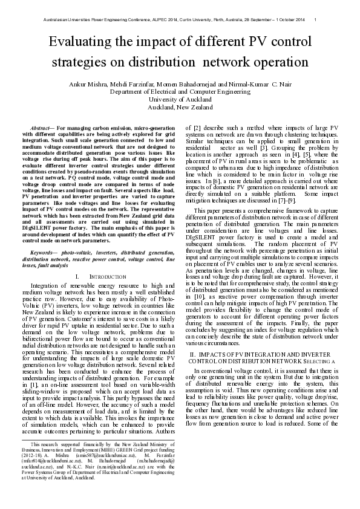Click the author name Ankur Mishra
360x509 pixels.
105,83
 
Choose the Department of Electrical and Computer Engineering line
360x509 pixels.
180,91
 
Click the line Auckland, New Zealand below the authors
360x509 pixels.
180,106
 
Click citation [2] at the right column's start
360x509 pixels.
197,128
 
